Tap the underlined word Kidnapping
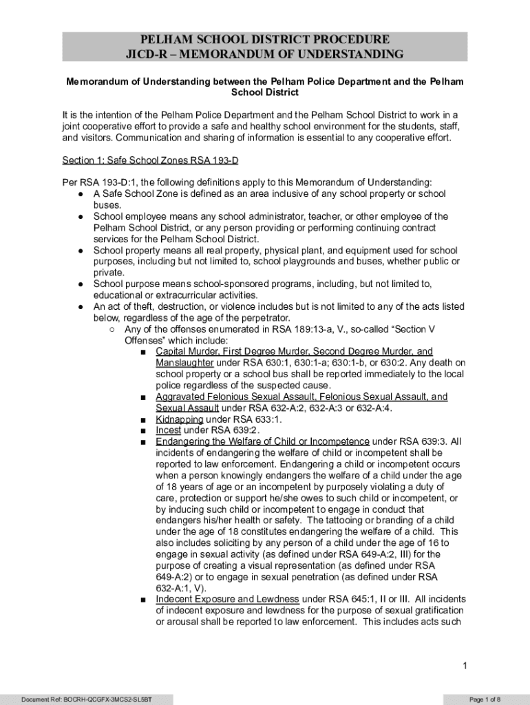tap(180, 419)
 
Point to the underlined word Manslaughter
tap(185, 363)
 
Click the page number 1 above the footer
tap(465, 665)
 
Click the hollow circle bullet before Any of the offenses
tap(112, 329)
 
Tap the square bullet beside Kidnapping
tap(142, 420)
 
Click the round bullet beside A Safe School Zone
tap(81, 194)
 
